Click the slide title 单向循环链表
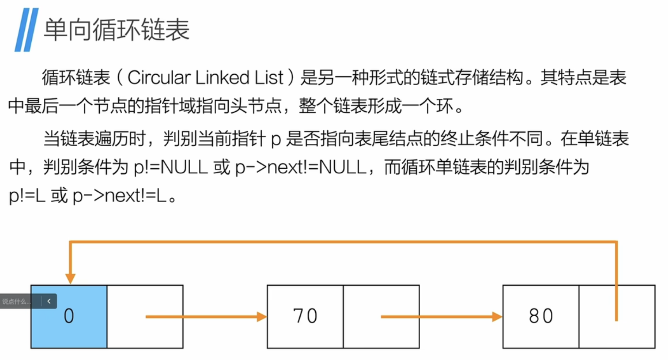[x=116, y=30]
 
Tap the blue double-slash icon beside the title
[x=26, y=30]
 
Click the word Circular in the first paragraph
[x=159, y=78]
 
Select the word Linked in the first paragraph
[x=222, y=78]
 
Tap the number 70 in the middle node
[x=305, y=316]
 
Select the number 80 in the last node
[x=541, y=316]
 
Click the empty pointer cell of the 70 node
[x=381, y=331]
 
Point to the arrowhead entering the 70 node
[x=261, y=317]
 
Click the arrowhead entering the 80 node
[x=497, y=317]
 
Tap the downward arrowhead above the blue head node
[x=70, y=278]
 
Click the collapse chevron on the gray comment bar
[x=49, y=301]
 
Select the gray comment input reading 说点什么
[x=17, y=302]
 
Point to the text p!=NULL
[x=171, y=167]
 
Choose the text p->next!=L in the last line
[x=119, y=196]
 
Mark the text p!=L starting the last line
[x=27, y=196]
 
